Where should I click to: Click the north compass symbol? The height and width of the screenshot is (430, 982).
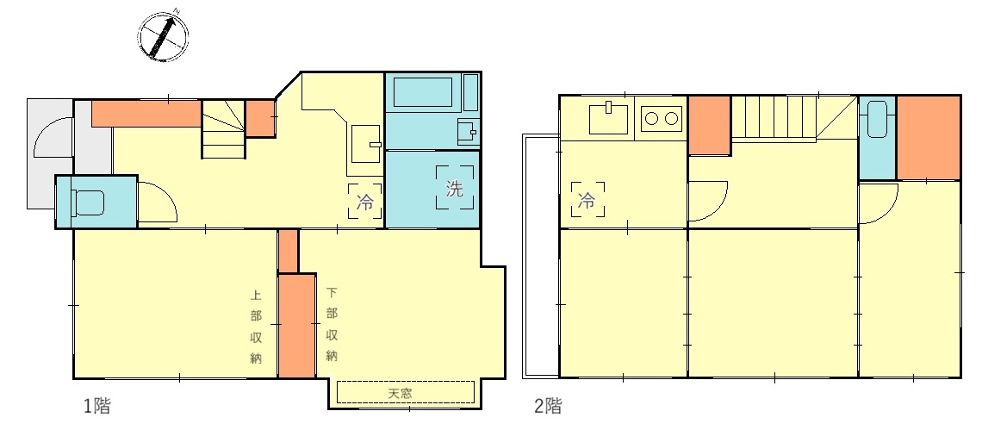162,35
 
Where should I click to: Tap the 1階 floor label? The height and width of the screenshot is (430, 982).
97,406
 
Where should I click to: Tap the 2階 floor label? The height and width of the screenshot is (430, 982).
548,406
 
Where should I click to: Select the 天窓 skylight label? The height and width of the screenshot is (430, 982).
400,394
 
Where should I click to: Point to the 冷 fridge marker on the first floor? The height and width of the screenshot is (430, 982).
365,201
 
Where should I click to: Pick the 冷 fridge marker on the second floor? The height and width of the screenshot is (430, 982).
587,199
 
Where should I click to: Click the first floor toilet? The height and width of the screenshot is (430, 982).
87,202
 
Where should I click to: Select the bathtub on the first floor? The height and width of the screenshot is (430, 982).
422,92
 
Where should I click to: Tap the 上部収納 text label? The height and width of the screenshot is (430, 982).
256,326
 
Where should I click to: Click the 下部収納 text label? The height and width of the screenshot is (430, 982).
332,325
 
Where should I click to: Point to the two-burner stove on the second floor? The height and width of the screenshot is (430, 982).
662,118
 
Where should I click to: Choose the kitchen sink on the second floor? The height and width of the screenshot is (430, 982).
608,118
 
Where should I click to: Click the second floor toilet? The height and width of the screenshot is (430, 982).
877,119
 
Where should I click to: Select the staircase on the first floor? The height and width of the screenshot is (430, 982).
223,130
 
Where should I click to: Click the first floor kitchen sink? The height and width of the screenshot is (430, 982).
366,144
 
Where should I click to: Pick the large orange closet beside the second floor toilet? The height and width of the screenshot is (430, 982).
928,138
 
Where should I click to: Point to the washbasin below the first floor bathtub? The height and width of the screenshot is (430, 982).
467,131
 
